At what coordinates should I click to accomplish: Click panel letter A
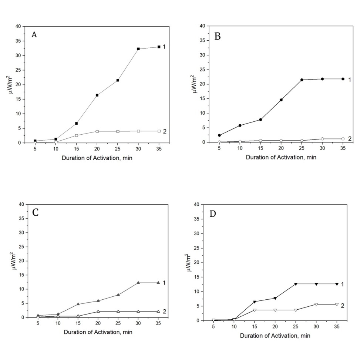pos(34,35)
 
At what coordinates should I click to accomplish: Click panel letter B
pos(218,36)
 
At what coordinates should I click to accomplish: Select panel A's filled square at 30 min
pos(138,49)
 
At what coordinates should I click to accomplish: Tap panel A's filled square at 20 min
pos(97,95)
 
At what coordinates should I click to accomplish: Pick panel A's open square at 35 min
pos(159,131)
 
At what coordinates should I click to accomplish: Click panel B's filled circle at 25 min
pos(302,80)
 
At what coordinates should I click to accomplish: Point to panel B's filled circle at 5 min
pos(219,135)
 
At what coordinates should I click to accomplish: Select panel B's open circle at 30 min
pos(322,139)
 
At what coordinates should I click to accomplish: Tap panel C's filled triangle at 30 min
pos(138,283)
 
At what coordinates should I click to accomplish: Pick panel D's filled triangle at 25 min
pos(296,284)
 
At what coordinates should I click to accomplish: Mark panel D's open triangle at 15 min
pos(255,310)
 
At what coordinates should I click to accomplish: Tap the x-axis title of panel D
pos(275,336)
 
